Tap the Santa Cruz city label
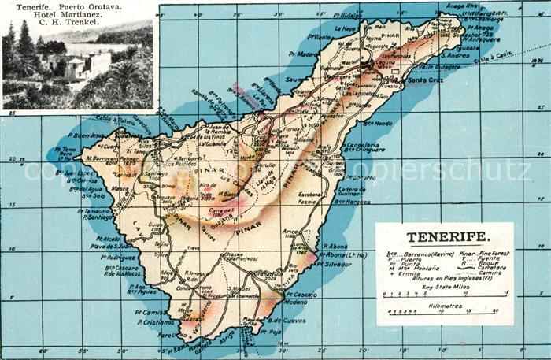424,80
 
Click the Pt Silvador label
339,265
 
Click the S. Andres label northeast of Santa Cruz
455,55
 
